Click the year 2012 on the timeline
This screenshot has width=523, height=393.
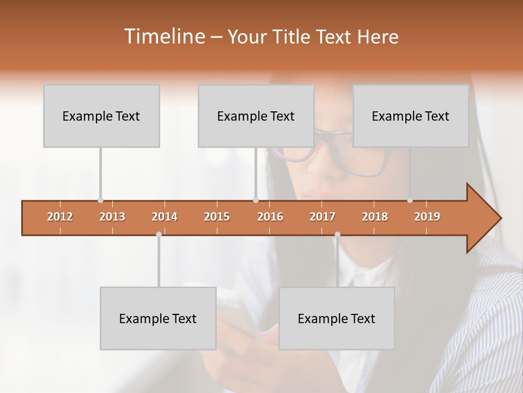click(x=60, y=217)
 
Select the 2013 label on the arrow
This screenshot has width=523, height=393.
click(x=112, y=217)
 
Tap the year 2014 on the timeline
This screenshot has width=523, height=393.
click(x=165, y=217)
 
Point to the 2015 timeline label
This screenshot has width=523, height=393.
click(x=217, y=217)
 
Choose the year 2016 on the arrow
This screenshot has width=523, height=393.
click(x=270, y=217)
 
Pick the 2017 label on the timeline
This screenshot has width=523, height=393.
click(x=323, y=217)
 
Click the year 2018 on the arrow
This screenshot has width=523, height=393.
click(x=375, y=217)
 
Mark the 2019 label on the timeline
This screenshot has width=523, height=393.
click(x=427, y=217)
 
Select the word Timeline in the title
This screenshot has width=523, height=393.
click(x=163, y=37)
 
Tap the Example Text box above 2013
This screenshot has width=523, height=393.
click(x=101, y=116)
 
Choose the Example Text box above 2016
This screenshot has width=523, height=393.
click(x=256, y=116)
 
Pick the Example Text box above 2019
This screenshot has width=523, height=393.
click(x=411, y=116)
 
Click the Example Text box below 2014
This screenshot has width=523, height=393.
click(x=158, y=318)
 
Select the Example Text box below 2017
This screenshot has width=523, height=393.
click(x=337, y=318)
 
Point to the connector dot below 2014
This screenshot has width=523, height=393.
click(x=159, y=234)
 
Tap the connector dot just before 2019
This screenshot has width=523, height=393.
click(x=410, y=200)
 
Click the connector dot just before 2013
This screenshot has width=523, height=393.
click(x=100, y=200)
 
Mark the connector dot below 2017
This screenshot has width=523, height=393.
click(x=337, y=234)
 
